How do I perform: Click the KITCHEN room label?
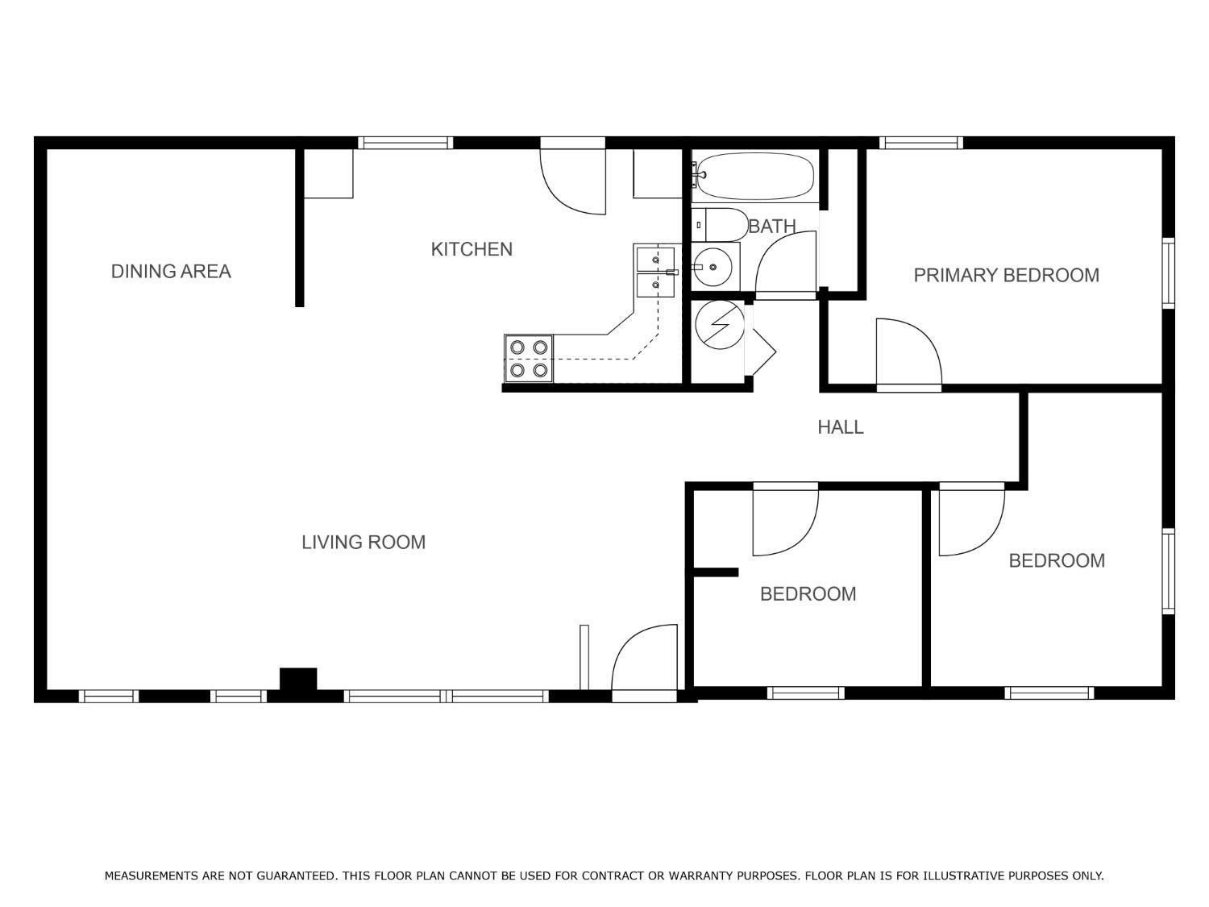(x=472, y=249)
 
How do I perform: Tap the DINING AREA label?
(x=171, y=272)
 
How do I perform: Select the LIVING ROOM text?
(x=364, y=543)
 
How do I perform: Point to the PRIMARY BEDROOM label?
(x=1007, y=276)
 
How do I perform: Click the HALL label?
(x=841, y=427)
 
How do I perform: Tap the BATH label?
(x=772, y=227)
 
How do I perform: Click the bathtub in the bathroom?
(x=753, y=177)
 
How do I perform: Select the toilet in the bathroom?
(x=721, y=225)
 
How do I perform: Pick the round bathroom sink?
(x=713, y=267)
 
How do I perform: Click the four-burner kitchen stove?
(x=529, y=359)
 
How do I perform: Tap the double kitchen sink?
(x=655, y=272)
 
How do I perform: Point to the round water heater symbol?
(x=720, y=325)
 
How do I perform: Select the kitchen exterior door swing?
(x=573, y=181)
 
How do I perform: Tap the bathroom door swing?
(x=785, y=265)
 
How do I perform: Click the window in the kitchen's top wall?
(x=405, y=144)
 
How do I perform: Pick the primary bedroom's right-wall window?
(x=1168, y=273)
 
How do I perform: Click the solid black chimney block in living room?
(x=298, y=679)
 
